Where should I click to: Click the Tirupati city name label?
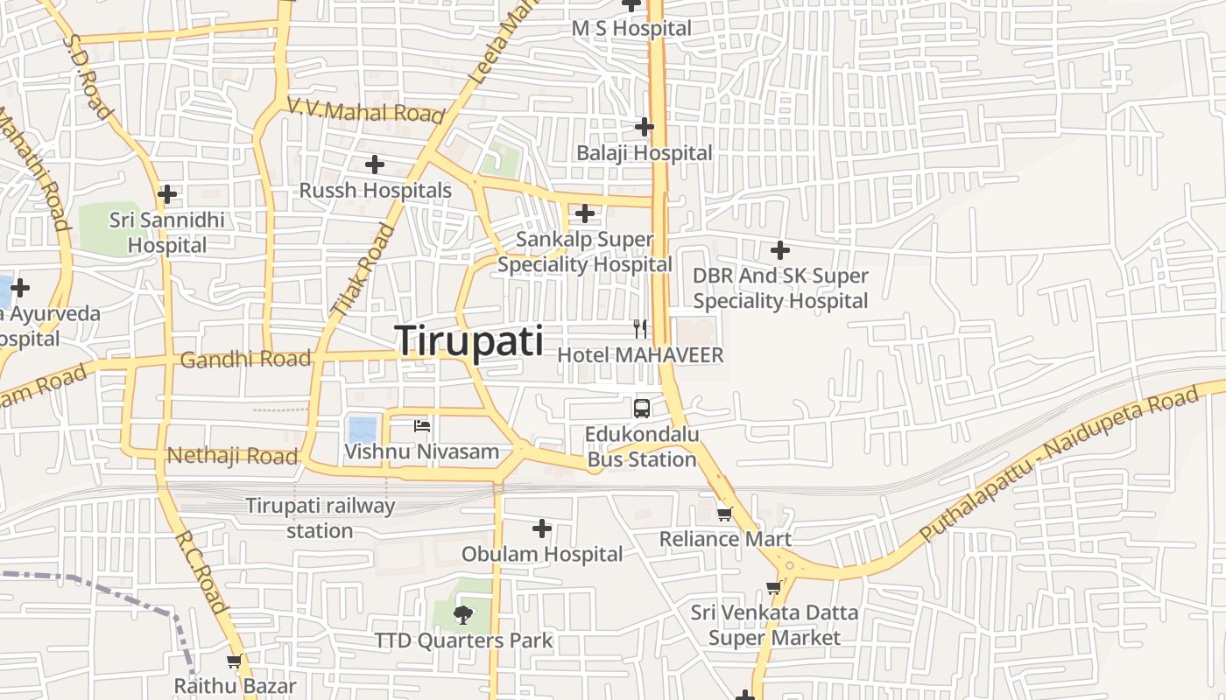(469, 340)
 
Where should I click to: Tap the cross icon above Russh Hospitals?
(375, 164)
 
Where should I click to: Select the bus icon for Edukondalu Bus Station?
(642, 408)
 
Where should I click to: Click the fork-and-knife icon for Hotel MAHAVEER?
(641, 329)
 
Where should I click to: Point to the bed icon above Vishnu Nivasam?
(422, 426)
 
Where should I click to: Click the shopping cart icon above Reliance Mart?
(724, 514)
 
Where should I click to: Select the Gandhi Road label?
(245, 359)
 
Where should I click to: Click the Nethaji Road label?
(232, 456)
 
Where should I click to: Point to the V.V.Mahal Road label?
(366, 110)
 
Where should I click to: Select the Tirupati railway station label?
(320, 518)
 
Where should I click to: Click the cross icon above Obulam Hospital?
(542, 528)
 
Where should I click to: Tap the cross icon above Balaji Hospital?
(645, 127)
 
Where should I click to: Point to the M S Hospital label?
(631, 28)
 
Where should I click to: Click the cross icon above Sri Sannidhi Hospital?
(167, 194)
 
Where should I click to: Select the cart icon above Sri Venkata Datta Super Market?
(773, 588)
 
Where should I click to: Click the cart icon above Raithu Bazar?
(234, 661)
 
